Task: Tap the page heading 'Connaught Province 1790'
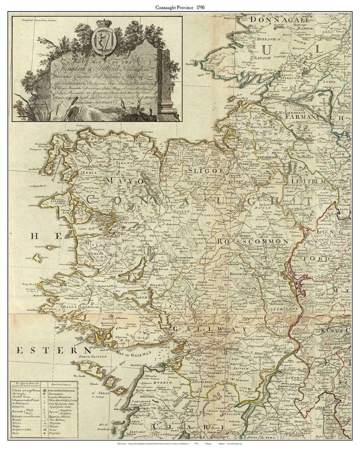180,7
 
